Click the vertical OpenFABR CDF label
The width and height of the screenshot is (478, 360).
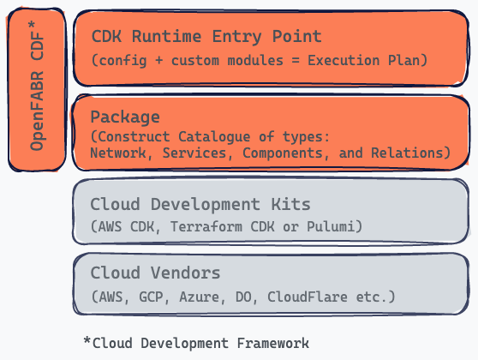coord(37,86)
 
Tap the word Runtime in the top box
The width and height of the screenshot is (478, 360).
coord(166,37)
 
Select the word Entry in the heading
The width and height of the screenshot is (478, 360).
coord(237,37)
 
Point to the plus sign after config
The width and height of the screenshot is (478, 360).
coord(158,60)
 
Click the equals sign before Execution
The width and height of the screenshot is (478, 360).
coord(296,60)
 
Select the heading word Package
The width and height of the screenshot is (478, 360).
coord(125,117)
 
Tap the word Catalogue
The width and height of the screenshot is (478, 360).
coord(214,137)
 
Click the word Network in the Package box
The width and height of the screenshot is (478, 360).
coord(118,153)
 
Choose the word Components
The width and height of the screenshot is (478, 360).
coord(283,153)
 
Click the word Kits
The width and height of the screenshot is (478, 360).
coord(290,204)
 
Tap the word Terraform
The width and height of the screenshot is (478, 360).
coord(206,226)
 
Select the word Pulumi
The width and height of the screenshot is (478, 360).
coord(331,226)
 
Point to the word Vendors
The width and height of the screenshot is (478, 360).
coord(185,273)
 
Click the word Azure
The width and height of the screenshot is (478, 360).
coord(199,297)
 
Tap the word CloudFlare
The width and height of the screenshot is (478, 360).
coord(308,297)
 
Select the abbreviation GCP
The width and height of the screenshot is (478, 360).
coord(151,297)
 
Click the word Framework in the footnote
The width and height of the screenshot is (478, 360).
coord(273,343)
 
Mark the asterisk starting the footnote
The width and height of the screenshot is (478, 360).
coord(87,341)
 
